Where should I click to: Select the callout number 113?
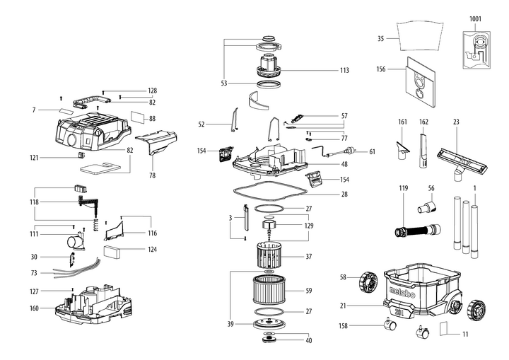344,71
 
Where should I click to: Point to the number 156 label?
381,69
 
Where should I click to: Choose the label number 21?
362,306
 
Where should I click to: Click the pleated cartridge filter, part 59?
268,291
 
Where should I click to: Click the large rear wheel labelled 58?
367,281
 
